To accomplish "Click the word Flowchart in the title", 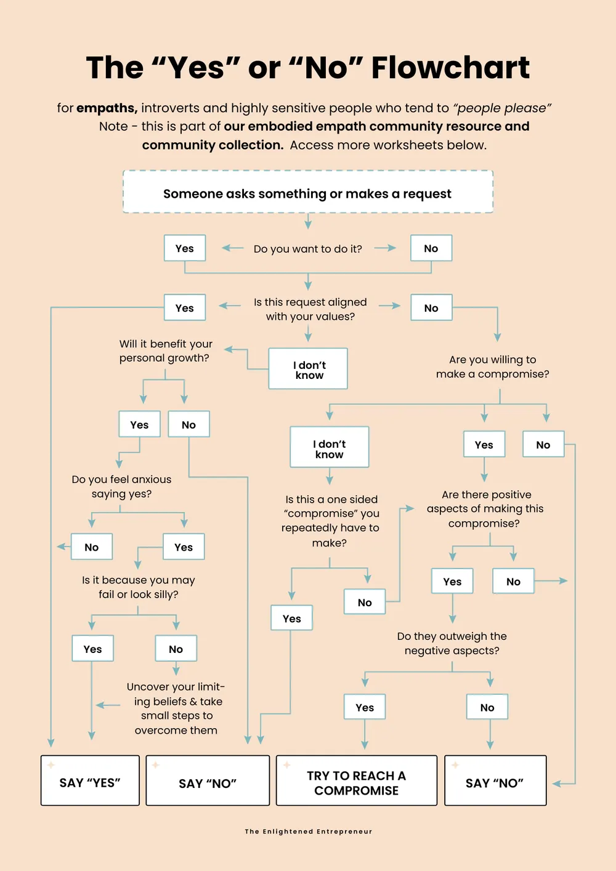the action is click(x=450, y=68).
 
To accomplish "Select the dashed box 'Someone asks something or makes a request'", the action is click(x=308, y=192).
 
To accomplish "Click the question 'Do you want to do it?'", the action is click(x=307, y=249).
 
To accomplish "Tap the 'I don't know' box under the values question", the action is click(x=308, y=368).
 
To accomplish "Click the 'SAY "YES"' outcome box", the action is click(x=90, y=780).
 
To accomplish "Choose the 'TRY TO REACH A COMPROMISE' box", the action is click(x=357, y=780).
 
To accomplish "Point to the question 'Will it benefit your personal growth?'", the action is click(x=166, y=350).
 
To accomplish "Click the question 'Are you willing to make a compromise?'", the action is click(x=492, y=367).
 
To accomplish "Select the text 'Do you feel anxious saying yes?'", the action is click(x=121, y=487).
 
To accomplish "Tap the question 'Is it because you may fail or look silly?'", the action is click(x=138, y=587).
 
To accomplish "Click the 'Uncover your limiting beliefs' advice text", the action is click(x=176, y=708).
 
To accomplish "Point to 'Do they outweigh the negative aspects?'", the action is click(x=452, y=643).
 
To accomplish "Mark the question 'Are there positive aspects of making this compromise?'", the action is click(x=485, y=509).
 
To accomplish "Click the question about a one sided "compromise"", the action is click(x=330, y=521).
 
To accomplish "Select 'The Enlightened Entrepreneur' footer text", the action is click(x=309, y=832).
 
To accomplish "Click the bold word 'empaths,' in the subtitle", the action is click(x=107, y=108).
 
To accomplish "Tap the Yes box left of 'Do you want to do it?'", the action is click(x=185, y=248).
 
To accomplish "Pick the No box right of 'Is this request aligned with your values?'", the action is click(x=431, y=307).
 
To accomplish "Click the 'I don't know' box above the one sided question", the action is click(x=330, y=447).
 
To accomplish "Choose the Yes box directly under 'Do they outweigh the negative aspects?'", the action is click(x=365, y=707).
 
